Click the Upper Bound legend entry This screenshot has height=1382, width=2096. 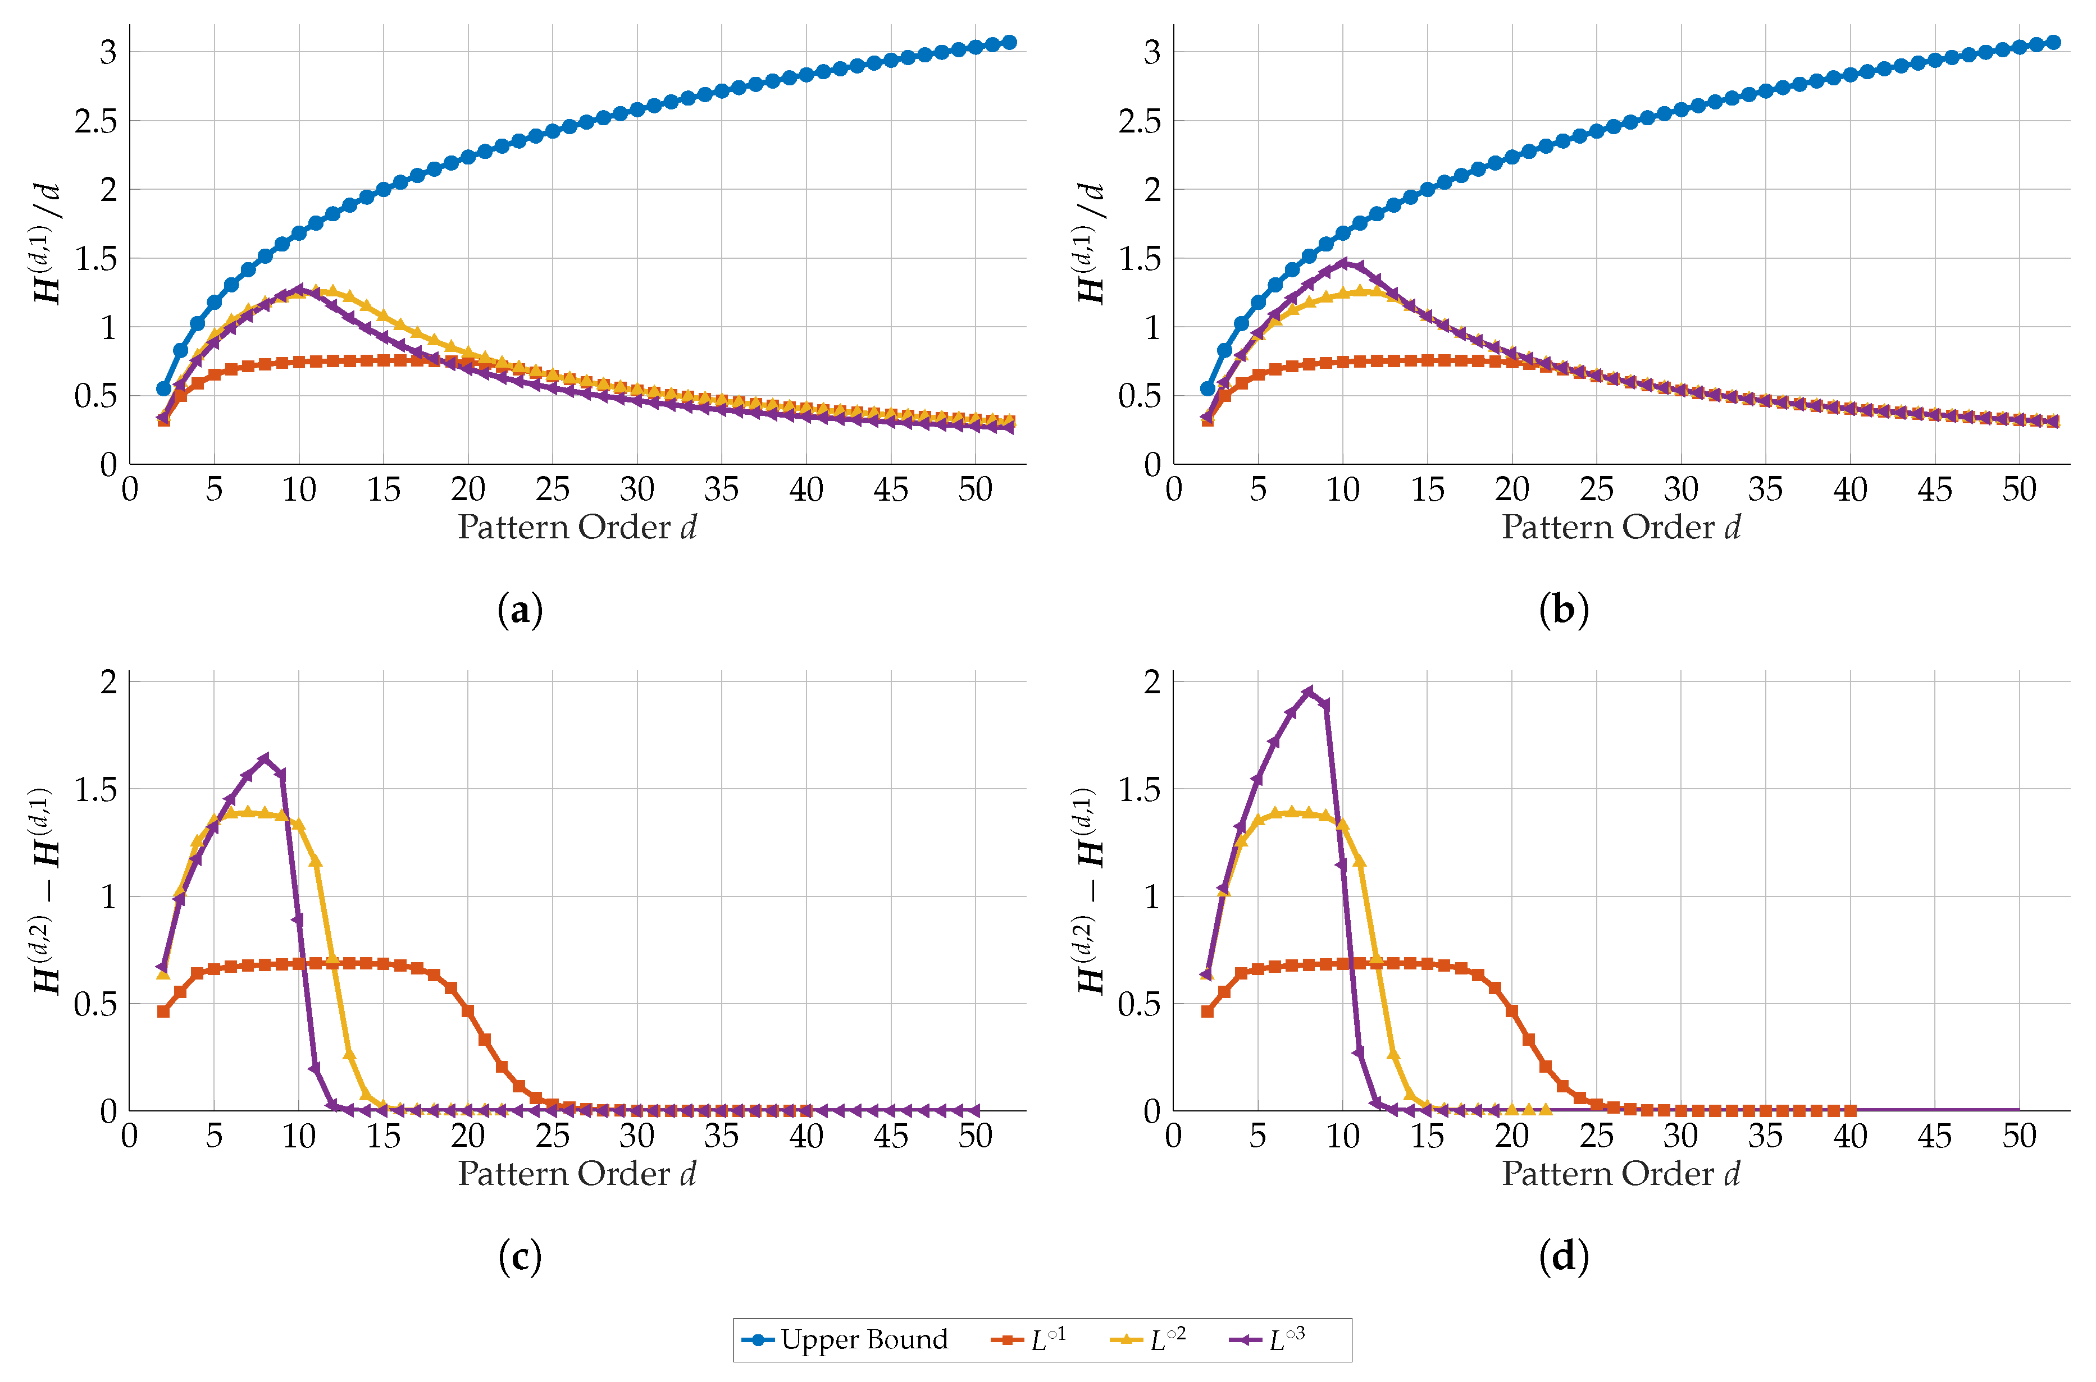point(846,1340)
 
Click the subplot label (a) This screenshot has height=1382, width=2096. point(520,610)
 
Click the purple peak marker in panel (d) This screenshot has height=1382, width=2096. point(1309,692)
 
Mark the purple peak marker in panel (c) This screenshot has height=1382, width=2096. point(265,759)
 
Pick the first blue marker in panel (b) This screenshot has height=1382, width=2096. point(1207,388)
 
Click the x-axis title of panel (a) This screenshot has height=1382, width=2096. point(577,527)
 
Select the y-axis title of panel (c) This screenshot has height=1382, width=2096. point(44,890)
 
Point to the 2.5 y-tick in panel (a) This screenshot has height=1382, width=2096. point(95,121)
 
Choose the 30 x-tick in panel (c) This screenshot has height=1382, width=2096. point(637,1136)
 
